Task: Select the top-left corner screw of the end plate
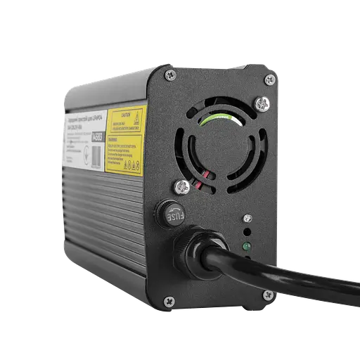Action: pos(167,73)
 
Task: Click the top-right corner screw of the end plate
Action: pos(268,82)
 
